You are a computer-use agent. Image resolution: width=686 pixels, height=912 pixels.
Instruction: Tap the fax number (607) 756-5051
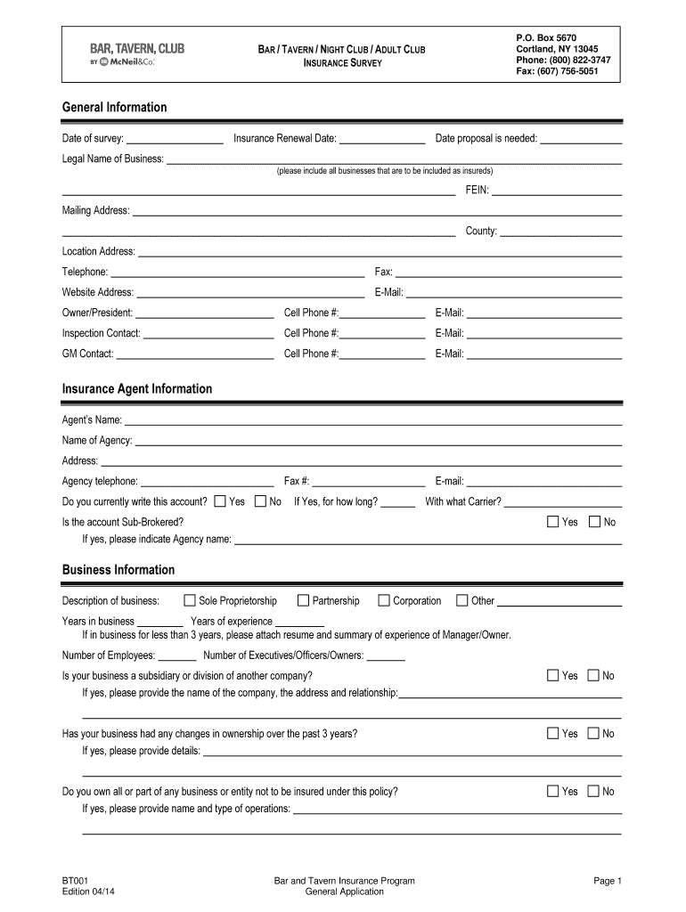pyautogui.click(x=557, y=71)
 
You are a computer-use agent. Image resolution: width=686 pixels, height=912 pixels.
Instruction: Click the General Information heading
pyautogui.click(x=114, y=107)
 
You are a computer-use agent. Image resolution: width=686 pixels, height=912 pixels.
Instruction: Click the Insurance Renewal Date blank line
pyautogui.click(x=382, y=140)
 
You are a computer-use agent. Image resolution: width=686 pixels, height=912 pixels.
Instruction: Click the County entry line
pyautogui.click(x=560, y=232)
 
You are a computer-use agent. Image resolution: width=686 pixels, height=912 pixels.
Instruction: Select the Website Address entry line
pyautogui.click(x=250, y=293)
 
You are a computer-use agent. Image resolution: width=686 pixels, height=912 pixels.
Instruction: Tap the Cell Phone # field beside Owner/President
pyautogui.click(x=382, y=313)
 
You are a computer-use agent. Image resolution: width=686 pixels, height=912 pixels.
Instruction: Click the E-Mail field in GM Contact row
pyautogui.click(x=543, y=354)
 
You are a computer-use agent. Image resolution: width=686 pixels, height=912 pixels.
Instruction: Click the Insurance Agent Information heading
pyautogui.click(x=136, y=389)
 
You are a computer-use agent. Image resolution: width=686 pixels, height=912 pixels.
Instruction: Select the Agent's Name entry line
pyautogui.click(x=372, y=420)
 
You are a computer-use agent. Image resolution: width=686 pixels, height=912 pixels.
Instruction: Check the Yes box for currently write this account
pyautogui.click(x=220, y=501)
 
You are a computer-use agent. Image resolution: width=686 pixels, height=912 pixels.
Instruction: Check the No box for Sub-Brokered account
pyautogui.click(x=594, y=522)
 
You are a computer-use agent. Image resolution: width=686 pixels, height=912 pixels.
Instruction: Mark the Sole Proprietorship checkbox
pyautogui.click(x=189, y=600)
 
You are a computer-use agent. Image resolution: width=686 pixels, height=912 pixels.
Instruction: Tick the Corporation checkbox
pyautogui.click(x=384, y=600)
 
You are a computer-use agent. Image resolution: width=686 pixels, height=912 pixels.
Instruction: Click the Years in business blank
pyautogui.click(x=160, y=623)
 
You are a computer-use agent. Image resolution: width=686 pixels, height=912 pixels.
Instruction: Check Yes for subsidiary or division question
pyautogui.click(x=552, y=675)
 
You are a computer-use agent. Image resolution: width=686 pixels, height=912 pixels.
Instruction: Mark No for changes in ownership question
pyautogui.click(x=594, y=733)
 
